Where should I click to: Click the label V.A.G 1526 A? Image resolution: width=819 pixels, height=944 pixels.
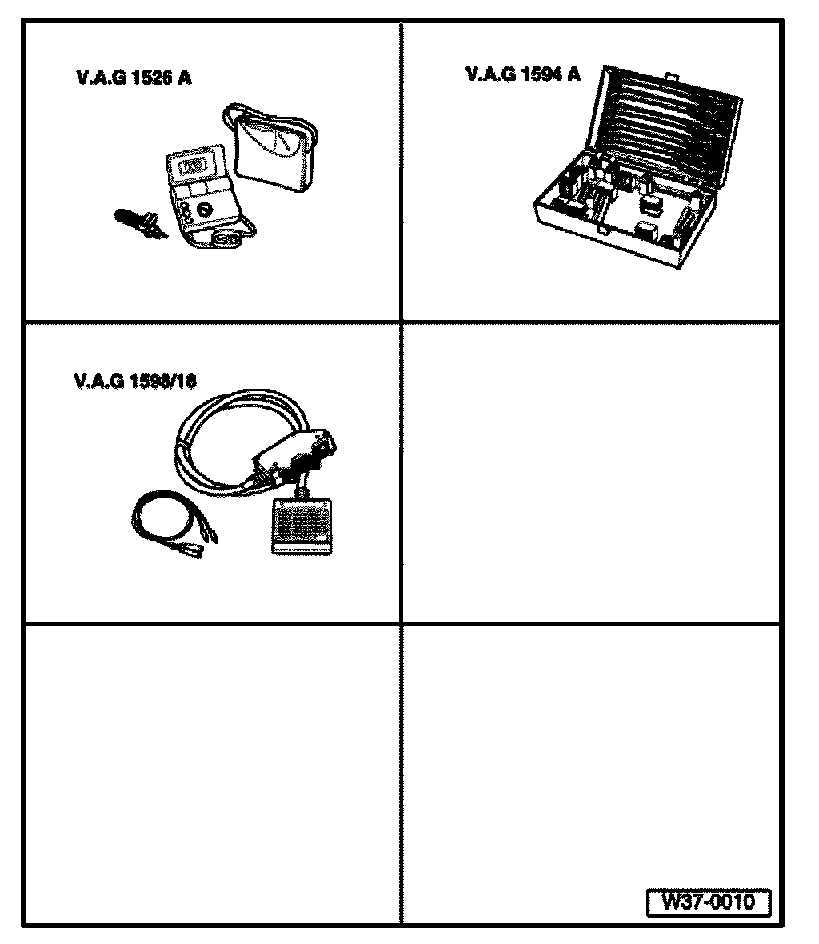click(x=133, y=78)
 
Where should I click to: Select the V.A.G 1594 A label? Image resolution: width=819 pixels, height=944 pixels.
click(x=523, y=74)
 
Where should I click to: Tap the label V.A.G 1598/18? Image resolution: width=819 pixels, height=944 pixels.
click(x=134, y=382)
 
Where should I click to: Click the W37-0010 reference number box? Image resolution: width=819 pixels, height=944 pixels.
click(x=708, y=902)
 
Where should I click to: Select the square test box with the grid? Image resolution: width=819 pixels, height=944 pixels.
click(x=301, y=525)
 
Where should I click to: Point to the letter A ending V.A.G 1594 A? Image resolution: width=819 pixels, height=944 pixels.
click(x=573, y=74)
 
